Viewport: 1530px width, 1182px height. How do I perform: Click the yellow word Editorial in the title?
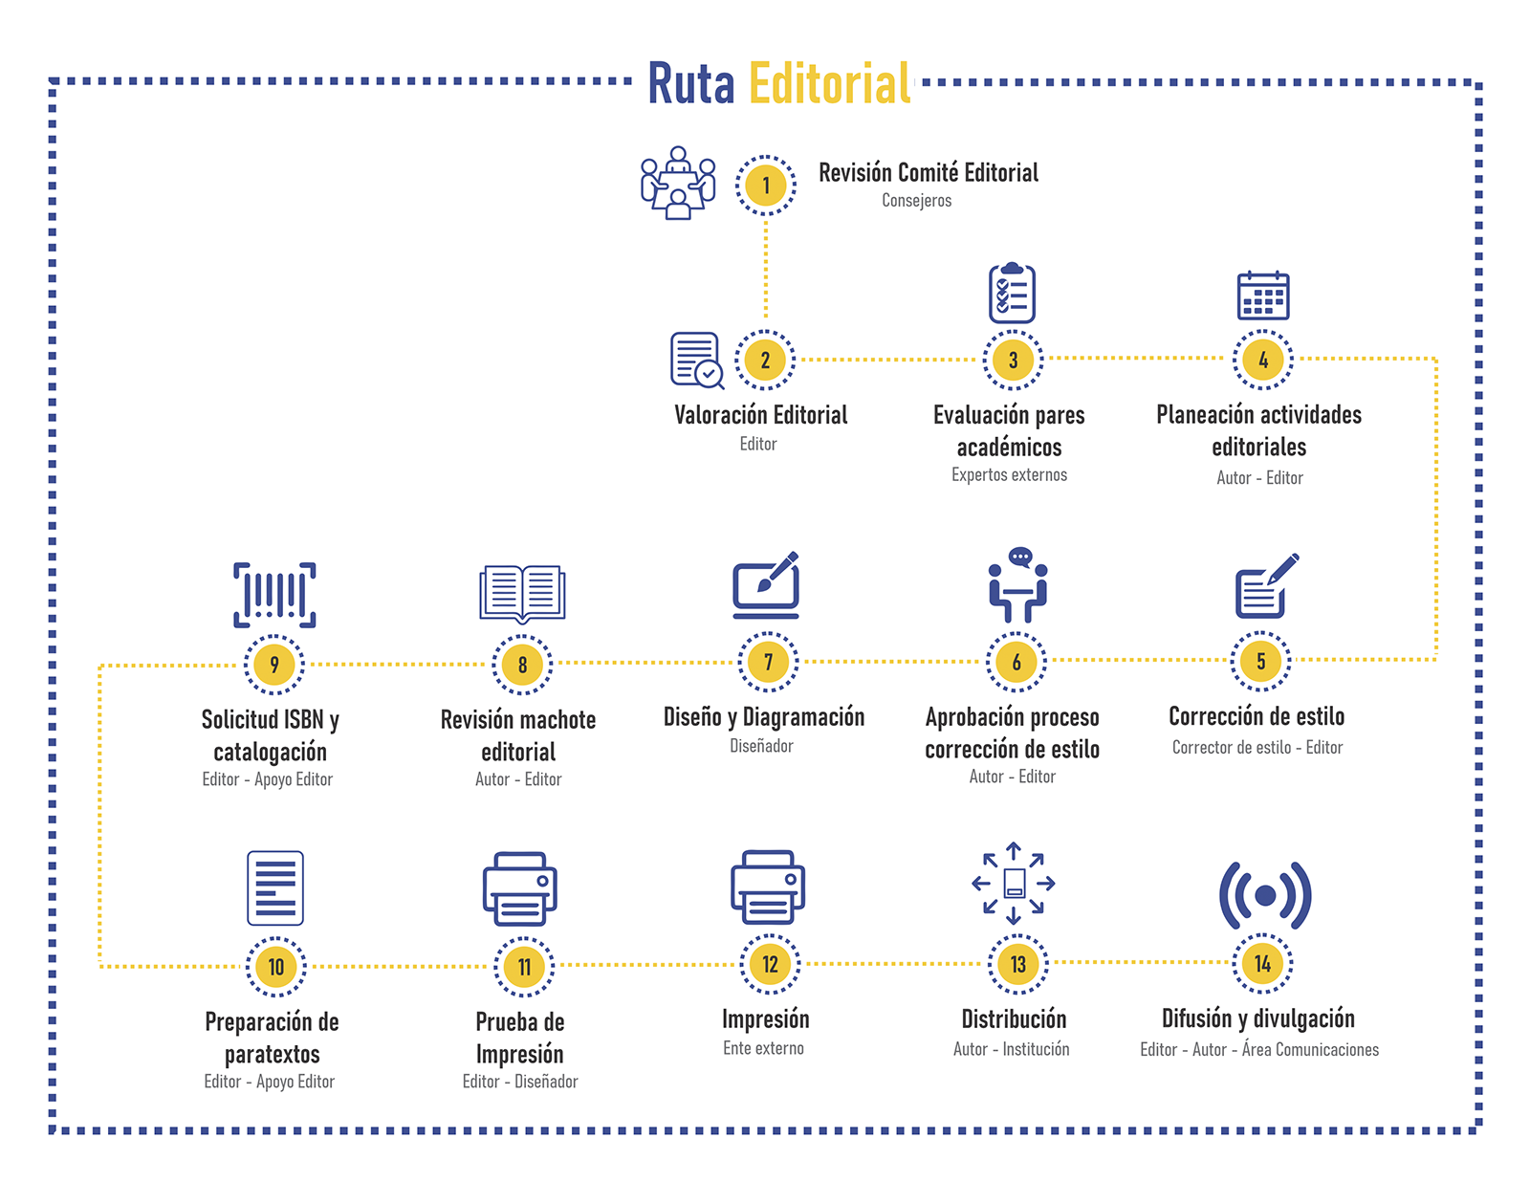(x=829, y=83)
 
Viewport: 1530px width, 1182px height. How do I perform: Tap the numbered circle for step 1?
(x=765, y=186)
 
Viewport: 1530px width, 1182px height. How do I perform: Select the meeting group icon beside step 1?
(x=678, y=183)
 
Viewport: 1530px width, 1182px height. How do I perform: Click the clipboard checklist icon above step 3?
(x=1012, y=293)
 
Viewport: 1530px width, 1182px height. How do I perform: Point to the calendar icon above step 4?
(x=1263, y=295)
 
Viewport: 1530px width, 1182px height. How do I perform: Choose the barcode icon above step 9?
(x=274, y=595)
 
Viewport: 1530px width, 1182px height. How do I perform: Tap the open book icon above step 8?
(x=522, y=594)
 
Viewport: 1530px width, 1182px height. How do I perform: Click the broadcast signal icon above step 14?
(x=1264, y=895)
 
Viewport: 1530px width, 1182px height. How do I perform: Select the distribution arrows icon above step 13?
(x=1014, y=883)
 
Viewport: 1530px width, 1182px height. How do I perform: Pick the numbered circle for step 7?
(x=768, y=662)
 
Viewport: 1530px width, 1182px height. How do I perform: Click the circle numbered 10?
(x=276, y=967)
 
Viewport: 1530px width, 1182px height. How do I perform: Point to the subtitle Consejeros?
(x=917, y=201)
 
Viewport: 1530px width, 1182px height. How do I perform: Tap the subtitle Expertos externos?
(x=1009, y=475)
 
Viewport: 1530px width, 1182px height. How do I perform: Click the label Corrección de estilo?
(x=1257, y=716)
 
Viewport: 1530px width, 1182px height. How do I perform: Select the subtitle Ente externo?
(x=763, y=1048)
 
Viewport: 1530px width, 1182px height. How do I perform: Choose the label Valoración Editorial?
(x=761, y=415)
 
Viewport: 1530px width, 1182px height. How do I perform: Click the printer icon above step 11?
(x=519, y=888)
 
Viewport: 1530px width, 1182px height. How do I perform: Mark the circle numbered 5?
(x=1261, y=661)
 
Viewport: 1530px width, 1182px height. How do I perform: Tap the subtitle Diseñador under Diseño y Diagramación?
(x=761, y=746)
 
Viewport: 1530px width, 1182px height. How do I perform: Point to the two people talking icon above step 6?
(x=1017, y=585)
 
